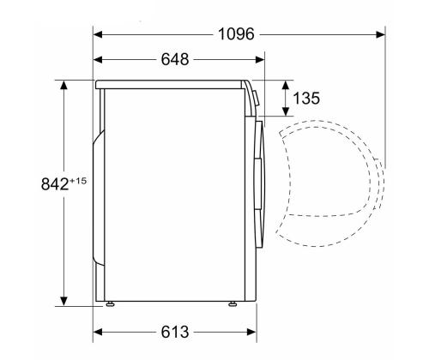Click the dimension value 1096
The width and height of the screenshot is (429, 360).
(236, 34)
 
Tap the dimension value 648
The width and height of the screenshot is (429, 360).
(175, 59)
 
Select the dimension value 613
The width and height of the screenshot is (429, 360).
(175, 332)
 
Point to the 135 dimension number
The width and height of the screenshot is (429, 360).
(306, 98)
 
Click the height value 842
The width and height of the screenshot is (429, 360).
(55, 184)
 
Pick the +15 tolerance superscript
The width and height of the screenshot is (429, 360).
(78, 181)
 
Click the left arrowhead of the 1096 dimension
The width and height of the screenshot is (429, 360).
(98, 34)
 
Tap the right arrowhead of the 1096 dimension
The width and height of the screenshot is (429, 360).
(381, 34)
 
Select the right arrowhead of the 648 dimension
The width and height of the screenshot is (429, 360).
(260, 60)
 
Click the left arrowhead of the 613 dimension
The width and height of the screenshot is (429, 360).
(98, 332)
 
